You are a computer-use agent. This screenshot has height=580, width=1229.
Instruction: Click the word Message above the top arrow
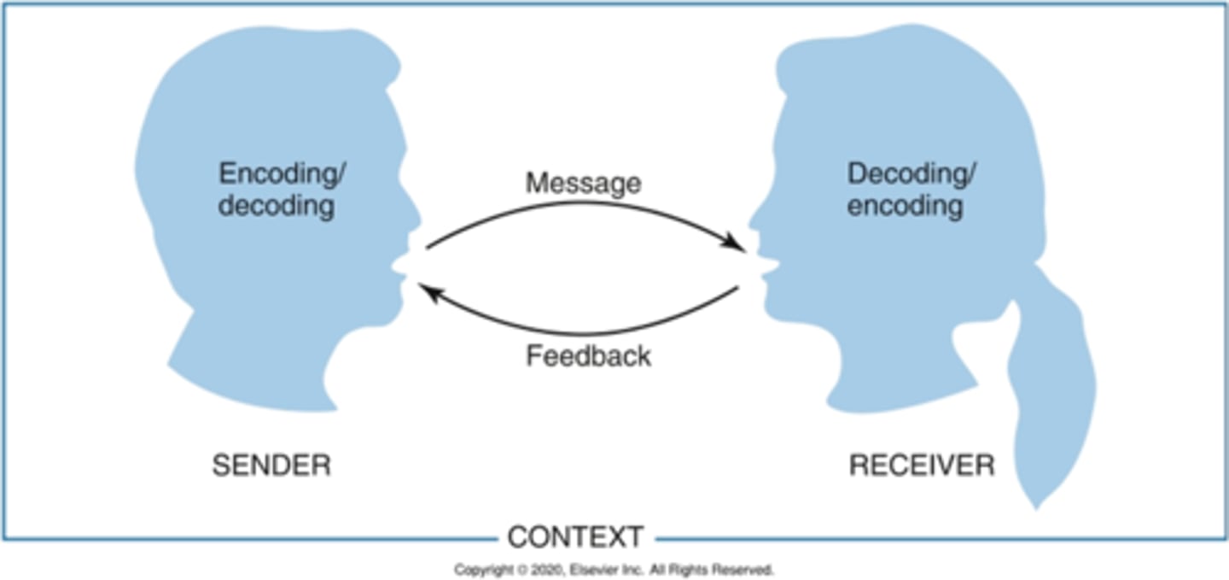(x=583, y=183)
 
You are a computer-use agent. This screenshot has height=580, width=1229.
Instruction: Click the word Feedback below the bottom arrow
(x=588, y=355)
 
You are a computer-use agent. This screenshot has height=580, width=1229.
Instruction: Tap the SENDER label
(x=271, y=466)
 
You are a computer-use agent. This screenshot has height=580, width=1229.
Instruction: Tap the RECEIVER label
(x=921, y=466)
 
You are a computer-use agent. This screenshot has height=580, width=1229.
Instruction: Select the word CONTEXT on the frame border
(x=574, y=537)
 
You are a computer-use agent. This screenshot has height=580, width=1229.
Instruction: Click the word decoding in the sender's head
(x=276, y=206)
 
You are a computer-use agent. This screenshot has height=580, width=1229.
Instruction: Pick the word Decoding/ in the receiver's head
(x=912, y=173)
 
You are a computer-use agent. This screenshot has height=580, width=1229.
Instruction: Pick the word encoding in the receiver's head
(x=905, y=206)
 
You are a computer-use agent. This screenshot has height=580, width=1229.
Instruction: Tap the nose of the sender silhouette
(x=413, y=217)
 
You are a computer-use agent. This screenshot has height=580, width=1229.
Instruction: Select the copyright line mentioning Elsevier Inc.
(x=614, y=569)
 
